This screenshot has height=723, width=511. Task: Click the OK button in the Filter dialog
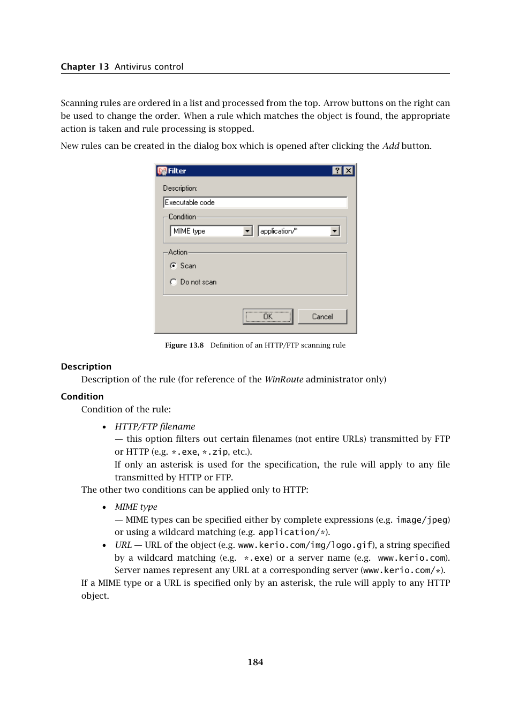point(267,317)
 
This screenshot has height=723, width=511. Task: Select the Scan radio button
point(173,266)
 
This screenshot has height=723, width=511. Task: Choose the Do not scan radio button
point(173,282)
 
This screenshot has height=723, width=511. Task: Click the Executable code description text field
point(254,202)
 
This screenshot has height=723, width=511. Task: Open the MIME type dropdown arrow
point(247,231)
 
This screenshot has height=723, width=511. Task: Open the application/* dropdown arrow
point(335,231)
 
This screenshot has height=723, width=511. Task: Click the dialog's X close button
point(348,170)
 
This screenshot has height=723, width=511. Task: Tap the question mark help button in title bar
point(337,170)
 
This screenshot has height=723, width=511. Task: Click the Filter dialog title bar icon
point(162,171)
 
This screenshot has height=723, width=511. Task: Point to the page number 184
point(255,662)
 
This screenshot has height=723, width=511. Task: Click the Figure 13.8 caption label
point(184,345)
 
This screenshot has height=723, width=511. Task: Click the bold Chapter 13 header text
point(85,66)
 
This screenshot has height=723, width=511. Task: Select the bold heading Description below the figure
point(86,366)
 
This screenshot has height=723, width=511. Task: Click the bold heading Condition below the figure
point(82,396)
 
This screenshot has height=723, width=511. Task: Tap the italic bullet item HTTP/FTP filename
point(155,426)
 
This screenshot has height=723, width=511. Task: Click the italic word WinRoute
point(284,379)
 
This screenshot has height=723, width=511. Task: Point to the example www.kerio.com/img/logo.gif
point(305,545)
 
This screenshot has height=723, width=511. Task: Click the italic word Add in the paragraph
point(390,146)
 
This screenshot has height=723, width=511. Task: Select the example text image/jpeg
point(422,519)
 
